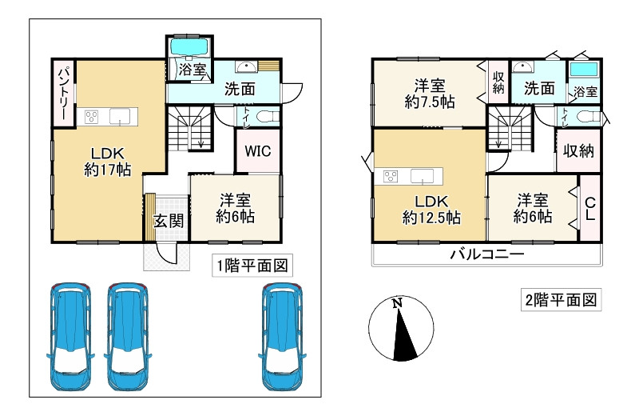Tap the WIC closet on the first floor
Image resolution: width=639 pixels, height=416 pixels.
(257, 150)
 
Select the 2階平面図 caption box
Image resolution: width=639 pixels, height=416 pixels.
(560, 301)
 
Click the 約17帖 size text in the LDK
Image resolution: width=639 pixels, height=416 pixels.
(108, 169)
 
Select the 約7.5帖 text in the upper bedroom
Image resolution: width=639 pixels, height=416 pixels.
(429, 102)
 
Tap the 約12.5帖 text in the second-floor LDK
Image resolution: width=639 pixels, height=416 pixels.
(429, 216)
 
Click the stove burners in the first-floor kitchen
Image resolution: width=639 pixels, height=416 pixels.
(91, 117)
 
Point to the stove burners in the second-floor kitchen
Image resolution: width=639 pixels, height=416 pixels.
(391, 175)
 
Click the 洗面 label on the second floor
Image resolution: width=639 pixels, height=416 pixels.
(539, 89)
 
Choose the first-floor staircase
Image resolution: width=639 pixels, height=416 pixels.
(189, 130)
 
